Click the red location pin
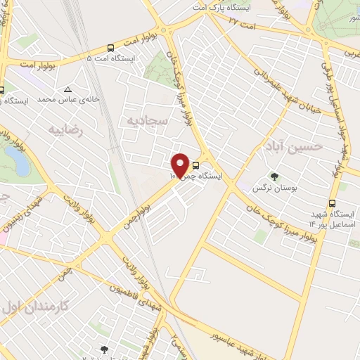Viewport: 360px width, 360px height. pos(181,164)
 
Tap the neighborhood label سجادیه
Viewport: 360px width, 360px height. pos(146,122)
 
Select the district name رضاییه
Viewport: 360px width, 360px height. pos(67,129)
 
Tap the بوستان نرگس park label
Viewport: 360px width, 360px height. pos(274,189)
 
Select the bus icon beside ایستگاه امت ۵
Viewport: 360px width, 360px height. pos(110,48)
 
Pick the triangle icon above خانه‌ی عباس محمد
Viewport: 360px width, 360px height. pos(68,89)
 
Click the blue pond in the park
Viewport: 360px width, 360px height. pos(20,164)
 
